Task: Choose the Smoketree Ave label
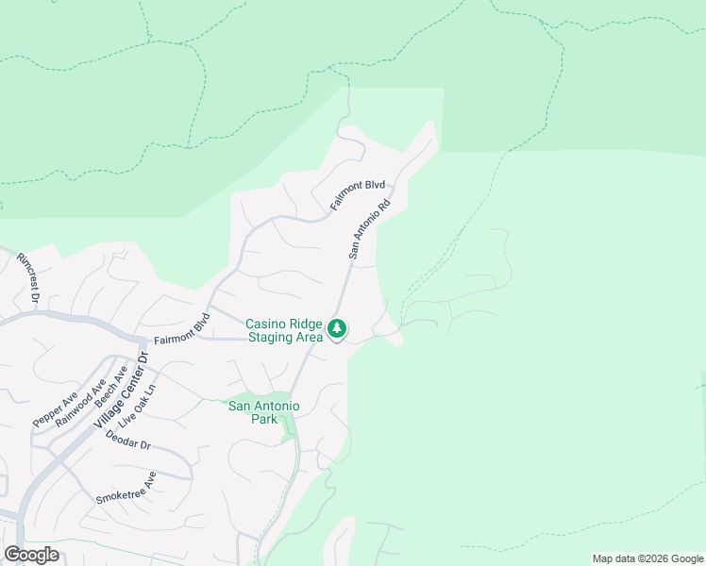click(x=126, y=488)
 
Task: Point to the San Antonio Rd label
click(x=369, y=229)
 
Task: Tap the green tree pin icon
click(x=337, y=330)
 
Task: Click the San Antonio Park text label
click(x=264, y=412)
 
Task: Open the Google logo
click(x=31, y=555)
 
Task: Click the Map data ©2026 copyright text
click(x=647, y=558)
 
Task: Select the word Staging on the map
click(x=272, y=337)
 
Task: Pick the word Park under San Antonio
click(x=265, y=419)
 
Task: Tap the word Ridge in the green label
click(x=306, y=324)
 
